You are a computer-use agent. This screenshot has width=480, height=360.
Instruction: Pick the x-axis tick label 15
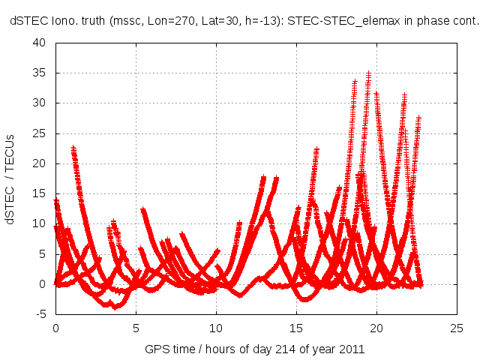point(296,328)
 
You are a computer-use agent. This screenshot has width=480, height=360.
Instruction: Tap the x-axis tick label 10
point(216,328)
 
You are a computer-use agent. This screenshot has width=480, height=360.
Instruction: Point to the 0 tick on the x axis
point(55,328)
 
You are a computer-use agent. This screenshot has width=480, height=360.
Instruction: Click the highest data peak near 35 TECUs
point(368,73)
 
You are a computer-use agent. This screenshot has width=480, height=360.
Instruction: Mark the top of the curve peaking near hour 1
point(73,148)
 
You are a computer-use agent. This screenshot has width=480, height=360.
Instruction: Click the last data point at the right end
point(421,285)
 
